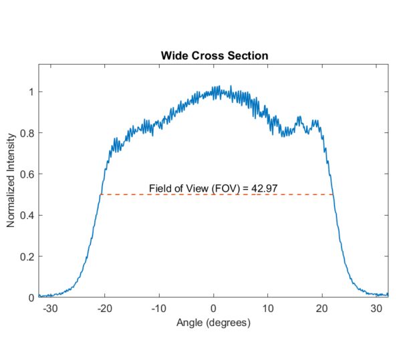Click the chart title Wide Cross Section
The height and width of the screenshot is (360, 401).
214,55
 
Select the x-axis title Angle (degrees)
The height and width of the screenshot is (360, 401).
213,323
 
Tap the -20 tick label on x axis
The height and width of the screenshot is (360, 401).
104,309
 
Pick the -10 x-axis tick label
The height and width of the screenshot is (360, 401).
158,309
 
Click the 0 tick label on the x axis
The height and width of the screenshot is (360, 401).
214,309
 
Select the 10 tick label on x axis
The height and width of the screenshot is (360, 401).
268,309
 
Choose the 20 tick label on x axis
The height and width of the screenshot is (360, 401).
323,309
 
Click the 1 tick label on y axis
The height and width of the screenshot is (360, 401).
29,92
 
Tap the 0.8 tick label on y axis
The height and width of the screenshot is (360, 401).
25,133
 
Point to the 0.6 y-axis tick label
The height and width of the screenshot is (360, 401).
25,174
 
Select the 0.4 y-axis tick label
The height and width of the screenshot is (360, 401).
25,215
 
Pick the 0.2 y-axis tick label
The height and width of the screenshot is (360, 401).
25,256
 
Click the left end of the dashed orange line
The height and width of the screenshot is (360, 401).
101,194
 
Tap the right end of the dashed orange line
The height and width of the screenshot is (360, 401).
333,194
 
